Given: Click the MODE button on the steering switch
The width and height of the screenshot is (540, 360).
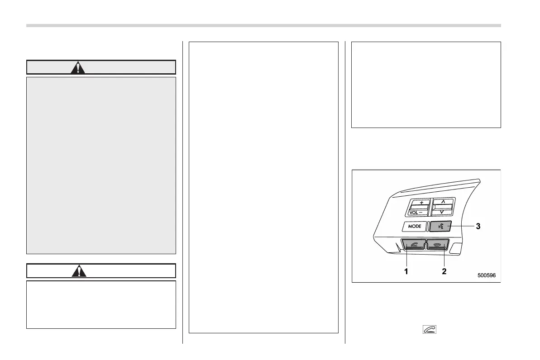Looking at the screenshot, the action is [414, 226].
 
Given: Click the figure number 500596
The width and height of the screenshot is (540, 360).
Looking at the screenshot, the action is [486, 275].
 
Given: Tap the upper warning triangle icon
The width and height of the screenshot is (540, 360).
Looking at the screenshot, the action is [78, 67].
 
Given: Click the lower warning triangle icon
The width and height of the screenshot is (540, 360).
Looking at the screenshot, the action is [78, 271].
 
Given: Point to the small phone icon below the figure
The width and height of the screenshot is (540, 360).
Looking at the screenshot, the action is [430, 330].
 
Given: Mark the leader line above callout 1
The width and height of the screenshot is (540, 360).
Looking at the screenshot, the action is [406, 258].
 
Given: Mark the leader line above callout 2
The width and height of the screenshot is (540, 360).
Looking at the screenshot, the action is [444, 258].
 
